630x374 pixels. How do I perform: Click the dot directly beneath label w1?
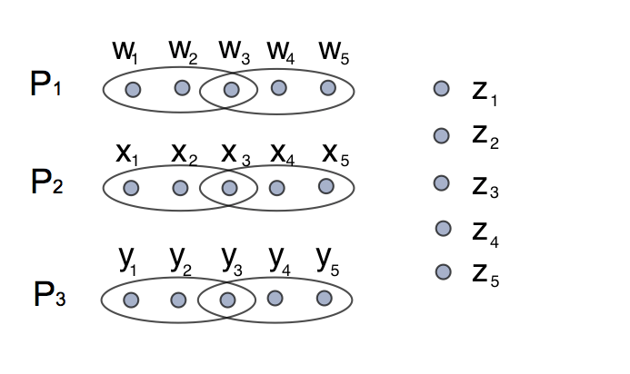(133, 90)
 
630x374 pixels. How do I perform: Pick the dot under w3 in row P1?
(231, 90)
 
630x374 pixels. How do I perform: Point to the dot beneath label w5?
(327, 88)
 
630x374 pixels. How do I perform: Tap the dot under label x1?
(131, 188)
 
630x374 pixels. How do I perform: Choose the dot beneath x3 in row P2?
(229, 188)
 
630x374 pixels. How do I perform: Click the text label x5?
(335, 153)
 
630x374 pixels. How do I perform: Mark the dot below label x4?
(277, 187)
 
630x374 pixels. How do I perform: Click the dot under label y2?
(179, 300)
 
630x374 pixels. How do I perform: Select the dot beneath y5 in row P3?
(324, 298)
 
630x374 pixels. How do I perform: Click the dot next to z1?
(441, 89)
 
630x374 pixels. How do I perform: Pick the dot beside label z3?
(441, 183)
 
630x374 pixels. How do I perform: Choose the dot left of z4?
(444, 228)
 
